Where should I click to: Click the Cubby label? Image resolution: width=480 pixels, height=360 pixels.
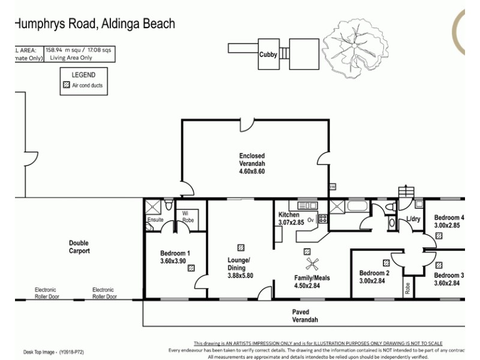point(268,55)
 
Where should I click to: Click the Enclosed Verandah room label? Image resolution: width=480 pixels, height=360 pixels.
point(251,163)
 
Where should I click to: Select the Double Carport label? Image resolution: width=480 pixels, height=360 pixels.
point(79,247)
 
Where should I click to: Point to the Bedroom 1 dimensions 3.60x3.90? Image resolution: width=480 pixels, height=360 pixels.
point(175,262)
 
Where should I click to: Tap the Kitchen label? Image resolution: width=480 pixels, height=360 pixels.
point(289,215)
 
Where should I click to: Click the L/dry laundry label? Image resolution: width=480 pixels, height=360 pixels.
point(413,220)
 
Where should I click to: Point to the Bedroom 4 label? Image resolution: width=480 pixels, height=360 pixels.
point(449,218)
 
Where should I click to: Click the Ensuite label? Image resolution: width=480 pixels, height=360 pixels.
point(155,220)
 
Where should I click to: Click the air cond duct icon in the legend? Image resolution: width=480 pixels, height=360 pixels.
point(67,86)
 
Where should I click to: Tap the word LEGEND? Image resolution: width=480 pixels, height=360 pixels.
point(83,75)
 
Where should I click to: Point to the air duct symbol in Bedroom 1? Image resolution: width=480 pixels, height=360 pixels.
point(191,269)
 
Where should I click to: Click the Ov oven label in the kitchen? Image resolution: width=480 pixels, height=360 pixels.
point(311,220)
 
